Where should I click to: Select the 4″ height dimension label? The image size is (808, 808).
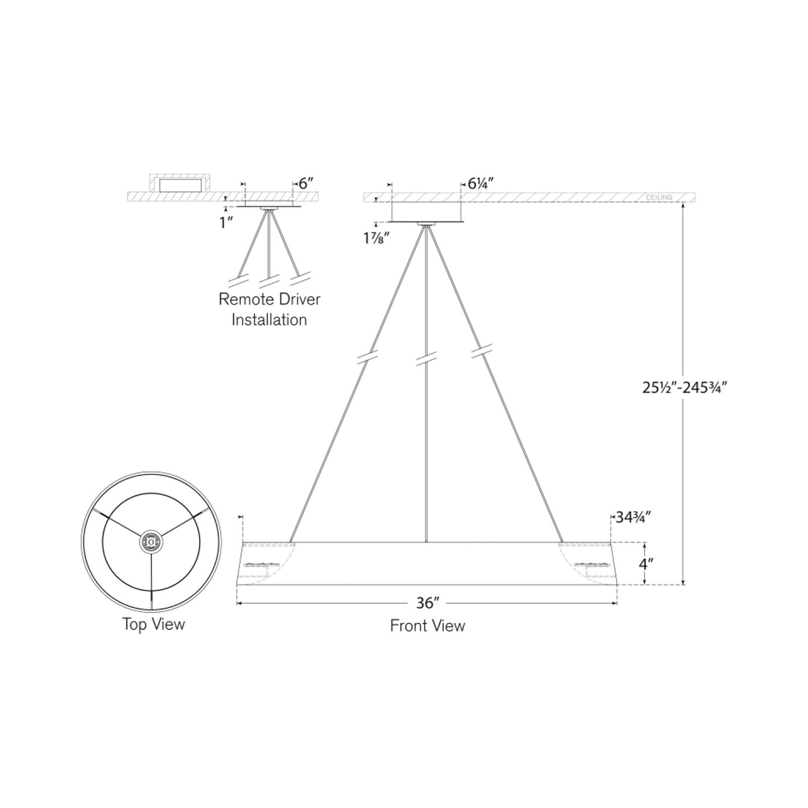(646, 564)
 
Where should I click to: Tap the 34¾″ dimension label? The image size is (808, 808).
(632, 517)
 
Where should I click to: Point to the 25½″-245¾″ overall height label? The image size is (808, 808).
(684, 388)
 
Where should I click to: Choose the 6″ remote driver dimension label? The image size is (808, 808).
(306, 183)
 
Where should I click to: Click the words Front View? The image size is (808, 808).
(427, 626)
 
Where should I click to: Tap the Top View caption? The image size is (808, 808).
(153, 624)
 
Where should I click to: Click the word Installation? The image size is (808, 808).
(270, 320)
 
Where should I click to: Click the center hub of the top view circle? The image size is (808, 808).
(152, 541)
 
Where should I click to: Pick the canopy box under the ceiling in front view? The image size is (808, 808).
(426, 212)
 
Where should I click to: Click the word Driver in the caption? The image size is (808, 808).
(302, 299)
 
